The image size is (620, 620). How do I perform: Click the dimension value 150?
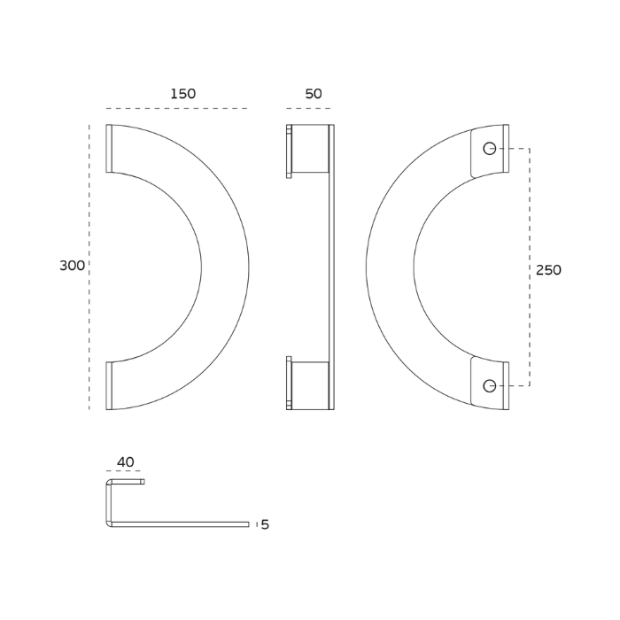(183, 94)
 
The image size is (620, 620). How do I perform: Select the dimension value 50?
(314, 94)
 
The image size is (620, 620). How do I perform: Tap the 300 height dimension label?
(72, 266)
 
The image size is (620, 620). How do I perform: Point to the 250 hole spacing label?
(548, 270)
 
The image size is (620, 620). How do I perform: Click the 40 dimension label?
(126, 461)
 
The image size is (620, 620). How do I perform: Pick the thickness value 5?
(265, 524)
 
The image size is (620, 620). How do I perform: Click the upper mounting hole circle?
(490, 149)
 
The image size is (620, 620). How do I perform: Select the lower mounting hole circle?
(490, 385)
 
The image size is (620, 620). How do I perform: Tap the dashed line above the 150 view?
(177, 108)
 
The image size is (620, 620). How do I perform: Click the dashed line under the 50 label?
(308, 108)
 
